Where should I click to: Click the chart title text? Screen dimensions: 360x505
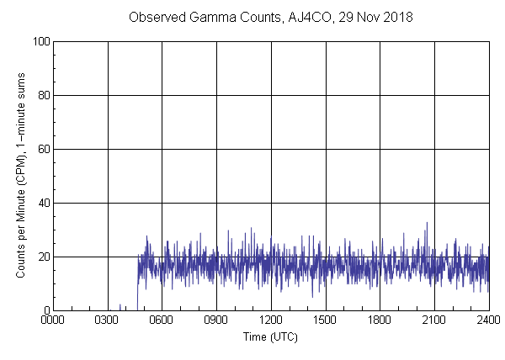point(271,17)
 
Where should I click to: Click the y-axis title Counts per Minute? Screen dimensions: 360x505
point(21,176)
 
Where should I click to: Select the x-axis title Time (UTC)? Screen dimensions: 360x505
point(270,336)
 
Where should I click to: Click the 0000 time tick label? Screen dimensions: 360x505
point(53,320)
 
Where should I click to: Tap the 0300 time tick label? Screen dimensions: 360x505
point(108,320)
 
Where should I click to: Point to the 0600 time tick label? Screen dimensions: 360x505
point(162,320)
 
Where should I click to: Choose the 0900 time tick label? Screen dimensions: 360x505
point(216,320)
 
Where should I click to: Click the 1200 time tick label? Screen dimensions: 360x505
point(271,320)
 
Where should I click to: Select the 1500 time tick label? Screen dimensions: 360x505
point(326,320)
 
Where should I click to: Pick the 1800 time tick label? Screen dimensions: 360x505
point(380,320)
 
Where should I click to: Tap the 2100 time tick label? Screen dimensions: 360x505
point(434,320)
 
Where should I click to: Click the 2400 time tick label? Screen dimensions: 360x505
point(488,320)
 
